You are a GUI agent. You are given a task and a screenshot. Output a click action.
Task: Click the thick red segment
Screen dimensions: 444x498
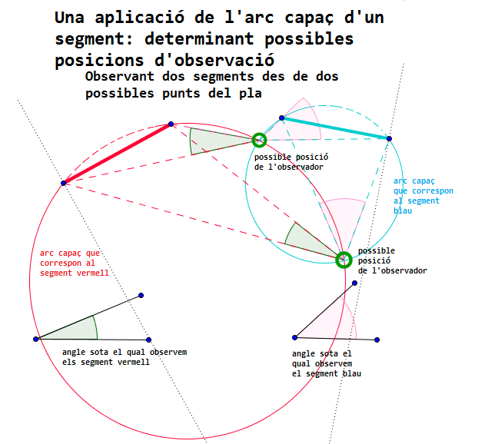(x=117, y=153)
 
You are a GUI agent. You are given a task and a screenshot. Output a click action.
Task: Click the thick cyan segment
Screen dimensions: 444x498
(x=335, y=128)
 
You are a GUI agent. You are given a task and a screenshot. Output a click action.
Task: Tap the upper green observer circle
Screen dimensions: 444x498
(x=259, y=140)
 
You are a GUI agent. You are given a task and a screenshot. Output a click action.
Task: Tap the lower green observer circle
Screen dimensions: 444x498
(x=343, y=260)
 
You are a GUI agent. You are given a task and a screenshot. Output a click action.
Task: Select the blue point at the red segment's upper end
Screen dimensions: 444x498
(x=171, y=124)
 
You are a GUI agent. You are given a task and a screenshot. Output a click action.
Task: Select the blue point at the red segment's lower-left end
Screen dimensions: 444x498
(x=64, y=183)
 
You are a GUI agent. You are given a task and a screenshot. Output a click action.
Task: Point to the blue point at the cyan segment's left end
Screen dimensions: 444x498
(x=282, y=118)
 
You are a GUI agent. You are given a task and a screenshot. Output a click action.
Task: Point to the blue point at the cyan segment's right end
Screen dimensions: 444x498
(x=389, y=138)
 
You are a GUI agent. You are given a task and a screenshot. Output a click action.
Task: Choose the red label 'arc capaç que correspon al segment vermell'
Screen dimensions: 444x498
(x=74, y=262)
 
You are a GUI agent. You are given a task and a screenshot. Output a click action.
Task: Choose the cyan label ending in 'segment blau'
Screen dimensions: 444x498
(x=423, y=196)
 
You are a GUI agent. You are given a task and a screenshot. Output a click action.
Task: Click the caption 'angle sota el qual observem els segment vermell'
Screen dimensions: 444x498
(x=123, y=356)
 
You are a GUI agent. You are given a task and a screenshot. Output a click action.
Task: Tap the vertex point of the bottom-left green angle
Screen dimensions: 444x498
(x=36, y=339)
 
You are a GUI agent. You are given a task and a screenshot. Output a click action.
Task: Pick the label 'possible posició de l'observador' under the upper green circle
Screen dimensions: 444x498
(x=288, y=161)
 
